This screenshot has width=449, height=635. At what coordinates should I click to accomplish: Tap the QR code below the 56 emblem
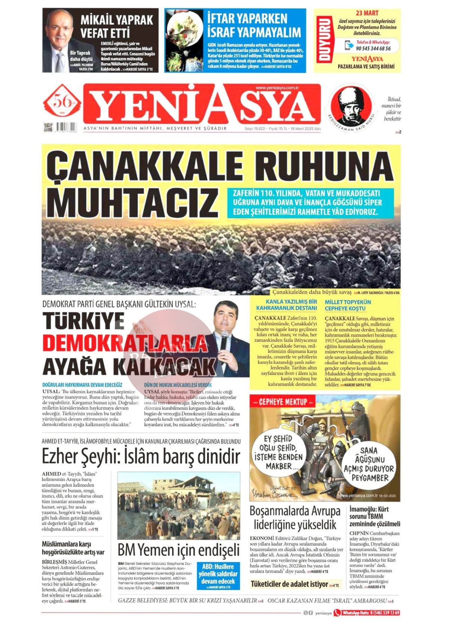47,127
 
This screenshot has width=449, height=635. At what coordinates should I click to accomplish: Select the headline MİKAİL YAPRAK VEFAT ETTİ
117,26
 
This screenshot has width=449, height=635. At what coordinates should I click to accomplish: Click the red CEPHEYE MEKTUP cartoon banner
283,402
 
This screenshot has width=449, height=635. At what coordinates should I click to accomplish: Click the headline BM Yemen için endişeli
179,550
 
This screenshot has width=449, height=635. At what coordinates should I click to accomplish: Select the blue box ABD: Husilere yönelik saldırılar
218,576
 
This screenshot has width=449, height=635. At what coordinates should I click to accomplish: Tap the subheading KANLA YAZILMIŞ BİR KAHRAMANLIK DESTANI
287,305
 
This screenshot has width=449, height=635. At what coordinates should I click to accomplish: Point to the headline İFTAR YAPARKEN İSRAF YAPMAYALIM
254,25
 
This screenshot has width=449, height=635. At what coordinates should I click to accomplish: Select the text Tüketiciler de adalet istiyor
289,584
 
